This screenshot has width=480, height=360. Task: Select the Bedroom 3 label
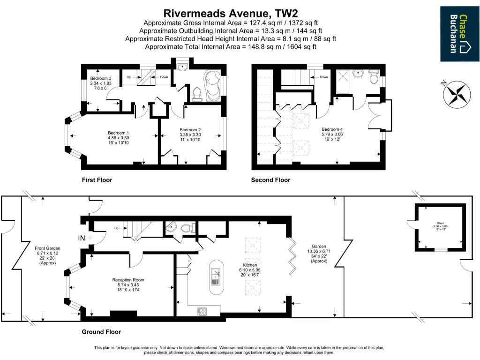pos(101,78)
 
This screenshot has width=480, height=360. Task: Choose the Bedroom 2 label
pos(190,129)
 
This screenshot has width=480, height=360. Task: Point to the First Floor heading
pos(97,180)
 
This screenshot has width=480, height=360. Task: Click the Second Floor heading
pos(270,180)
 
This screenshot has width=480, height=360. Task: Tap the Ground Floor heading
pos(101,332)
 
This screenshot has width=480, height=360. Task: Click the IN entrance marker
pos(82,238)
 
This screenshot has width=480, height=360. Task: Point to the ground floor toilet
pos(187,228)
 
